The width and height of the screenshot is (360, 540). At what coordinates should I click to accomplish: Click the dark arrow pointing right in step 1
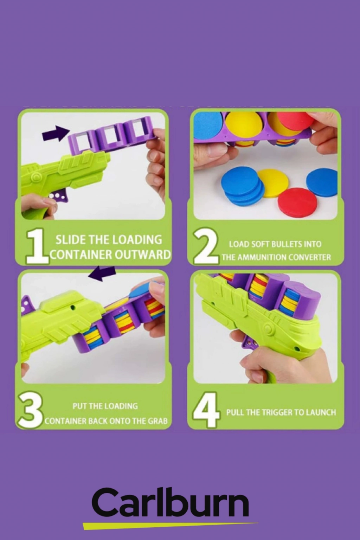point(56,134)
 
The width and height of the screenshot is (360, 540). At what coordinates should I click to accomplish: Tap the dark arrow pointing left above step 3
point(102,274)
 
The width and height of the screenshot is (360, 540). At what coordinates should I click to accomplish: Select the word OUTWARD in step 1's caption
point(142,255)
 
